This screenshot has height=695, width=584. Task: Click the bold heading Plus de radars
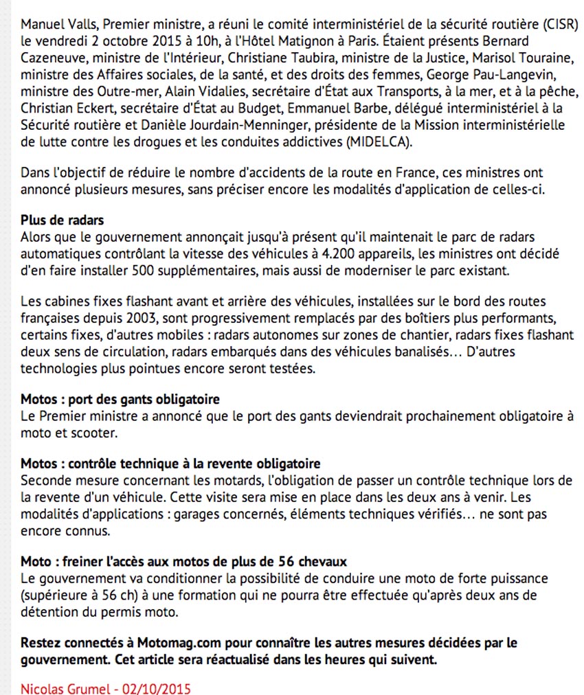tap(62, 221)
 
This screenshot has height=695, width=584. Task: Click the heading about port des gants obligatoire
tap(120, 399)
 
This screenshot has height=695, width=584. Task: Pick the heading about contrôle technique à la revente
tap(170, 464)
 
